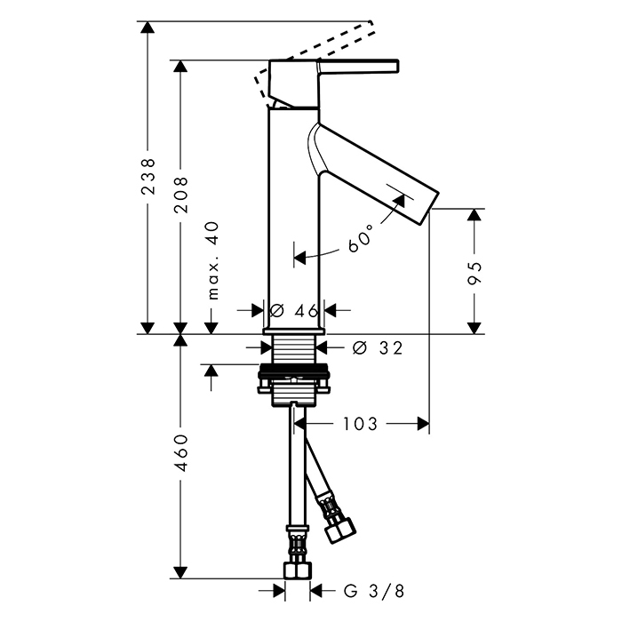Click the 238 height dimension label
(x=148, y=177)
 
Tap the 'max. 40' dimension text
(x=213, y=260)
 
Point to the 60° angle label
(x=362, y=238)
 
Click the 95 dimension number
(x=474, y=273)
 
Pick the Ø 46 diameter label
(x=294, y=311)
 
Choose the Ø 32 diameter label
(x=378, y=348)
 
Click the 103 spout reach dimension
(x=360, y=424)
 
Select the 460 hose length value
(x=181, y=453)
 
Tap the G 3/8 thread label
(x=374, y=591)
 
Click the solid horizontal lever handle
(x=358, y=67)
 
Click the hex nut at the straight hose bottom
(x=297, y=570)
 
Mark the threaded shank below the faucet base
(x=294, y=349)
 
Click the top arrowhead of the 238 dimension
(x=148, y=27)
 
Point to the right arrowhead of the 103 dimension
(x=423, y=424)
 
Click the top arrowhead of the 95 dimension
(x=474, y=215)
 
